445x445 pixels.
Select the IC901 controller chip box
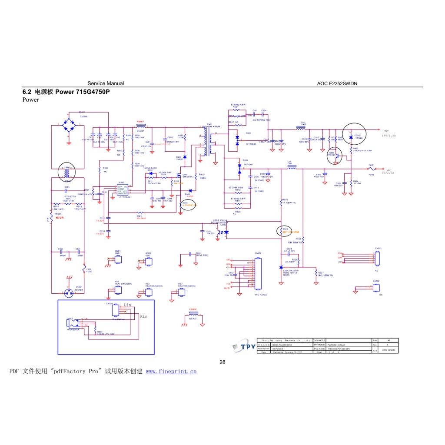pos(124,190)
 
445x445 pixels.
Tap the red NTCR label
pos(60,218)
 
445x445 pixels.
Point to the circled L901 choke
pos(67,173)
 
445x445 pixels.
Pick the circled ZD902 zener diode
pos(351,137)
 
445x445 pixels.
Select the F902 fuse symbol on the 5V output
pos(371,169)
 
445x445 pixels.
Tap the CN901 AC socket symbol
pos(68,292)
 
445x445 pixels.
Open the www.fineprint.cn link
pos(171,372)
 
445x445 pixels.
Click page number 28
pos(222,362)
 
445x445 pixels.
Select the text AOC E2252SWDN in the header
pos(337,83)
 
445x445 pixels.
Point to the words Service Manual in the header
pos(106,83)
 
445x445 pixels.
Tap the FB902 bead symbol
pos(193,313)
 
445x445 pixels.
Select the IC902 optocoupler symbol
pos(223,232)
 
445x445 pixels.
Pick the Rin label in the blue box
pos(144,317)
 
